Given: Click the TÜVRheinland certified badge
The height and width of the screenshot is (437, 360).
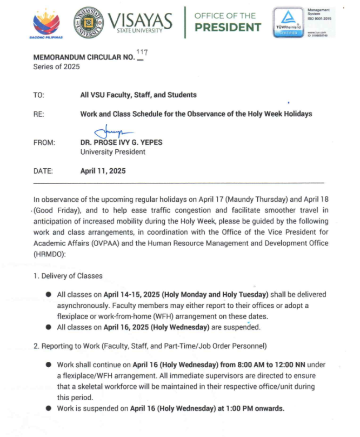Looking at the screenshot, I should click(x=289, y=23).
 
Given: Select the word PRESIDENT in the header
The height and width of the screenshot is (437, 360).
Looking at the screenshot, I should click(x=228, y=27).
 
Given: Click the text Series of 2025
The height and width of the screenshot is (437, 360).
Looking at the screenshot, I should click(x=57, y=67).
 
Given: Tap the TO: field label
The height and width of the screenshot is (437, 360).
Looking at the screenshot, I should click(x=38, y=95).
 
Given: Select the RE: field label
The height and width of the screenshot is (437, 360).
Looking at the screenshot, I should click(x=38, y=114).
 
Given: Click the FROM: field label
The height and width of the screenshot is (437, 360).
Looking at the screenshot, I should click(x=44, y=143).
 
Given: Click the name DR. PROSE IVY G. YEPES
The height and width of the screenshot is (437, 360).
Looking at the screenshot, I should click(x=120, y=143).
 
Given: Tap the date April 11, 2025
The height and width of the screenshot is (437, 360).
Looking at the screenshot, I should click(x=103, y=171).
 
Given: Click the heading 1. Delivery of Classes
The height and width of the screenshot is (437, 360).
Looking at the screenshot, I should click(x=67, y=276).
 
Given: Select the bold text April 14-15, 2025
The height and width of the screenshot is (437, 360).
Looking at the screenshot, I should click(x=124, y=295).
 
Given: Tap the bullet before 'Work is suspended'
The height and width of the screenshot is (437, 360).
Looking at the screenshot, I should click(x=49, y=408).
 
